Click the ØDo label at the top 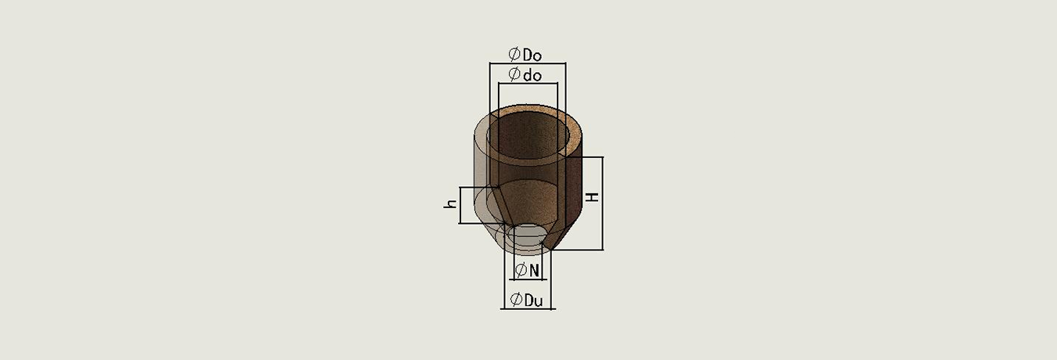tap(525, 55)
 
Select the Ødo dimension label tap(525, 74)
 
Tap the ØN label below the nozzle tap(527, 270)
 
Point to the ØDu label tap(527, 300)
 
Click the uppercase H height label tap(592, 196)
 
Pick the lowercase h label tap(451, 203)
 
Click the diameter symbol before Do tap(514, 55)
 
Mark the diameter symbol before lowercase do tap(514, 74)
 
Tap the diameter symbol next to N tap(521, 270)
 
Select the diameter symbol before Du tap(516, 300)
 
